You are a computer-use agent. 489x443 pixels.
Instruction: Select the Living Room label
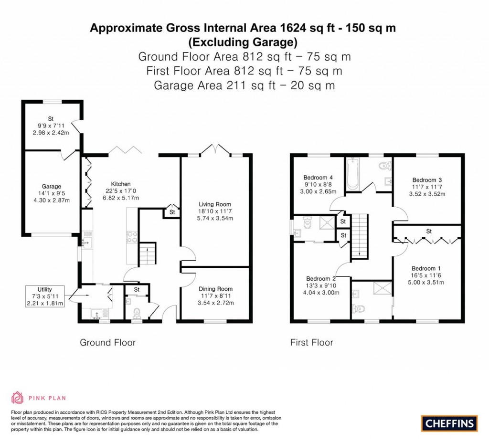(x=214, y=204)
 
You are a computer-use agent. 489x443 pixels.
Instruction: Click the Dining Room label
(x=215, y=289)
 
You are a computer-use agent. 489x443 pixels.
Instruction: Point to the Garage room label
(x=52, y=187)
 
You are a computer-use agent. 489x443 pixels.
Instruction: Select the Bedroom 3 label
(x=427, y=180)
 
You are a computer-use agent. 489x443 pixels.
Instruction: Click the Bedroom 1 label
(x=424, y=268)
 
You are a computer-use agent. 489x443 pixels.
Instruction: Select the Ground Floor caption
(x=107, y=342)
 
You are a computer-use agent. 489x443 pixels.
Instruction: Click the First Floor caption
(x=312, y=342)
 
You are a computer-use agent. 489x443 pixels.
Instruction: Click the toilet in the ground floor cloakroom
(x=137, y=312)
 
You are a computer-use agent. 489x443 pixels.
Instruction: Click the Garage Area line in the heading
(x=244, y=85)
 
